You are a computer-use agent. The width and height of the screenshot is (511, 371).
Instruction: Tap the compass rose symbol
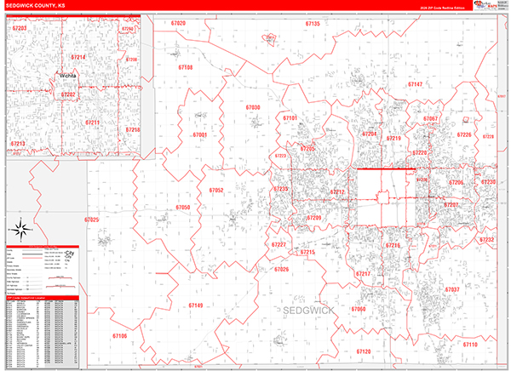[x=20, y=229]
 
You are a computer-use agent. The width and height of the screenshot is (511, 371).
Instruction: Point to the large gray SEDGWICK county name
[x=313, y=312]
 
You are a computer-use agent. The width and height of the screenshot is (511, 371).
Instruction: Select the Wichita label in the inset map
[x=68, y=76]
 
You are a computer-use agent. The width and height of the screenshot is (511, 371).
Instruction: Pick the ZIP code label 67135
[x=313, y=24]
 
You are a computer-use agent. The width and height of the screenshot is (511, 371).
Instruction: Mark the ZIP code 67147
[x=415, y=85]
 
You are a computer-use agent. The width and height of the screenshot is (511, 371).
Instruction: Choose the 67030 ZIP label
[x=253, y=108]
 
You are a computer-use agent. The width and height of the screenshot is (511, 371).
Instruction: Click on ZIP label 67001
[x=200, y=135]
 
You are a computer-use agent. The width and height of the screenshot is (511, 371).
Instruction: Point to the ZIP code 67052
[x=215, y=191]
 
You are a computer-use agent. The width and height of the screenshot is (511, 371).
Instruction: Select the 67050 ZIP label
[x=183, y=208]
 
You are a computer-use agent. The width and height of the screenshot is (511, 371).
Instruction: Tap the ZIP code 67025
[x=92, y=220]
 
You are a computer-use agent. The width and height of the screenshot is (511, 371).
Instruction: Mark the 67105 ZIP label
[x=118, y=336]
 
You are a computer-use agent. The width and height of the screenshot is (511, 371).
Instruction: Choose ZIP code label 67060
[x=358, y=309]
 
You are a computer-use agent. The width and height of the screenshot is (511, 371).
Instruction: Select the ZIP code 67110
[x=470, y=345]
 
